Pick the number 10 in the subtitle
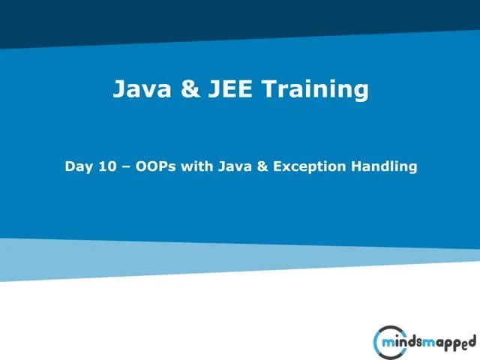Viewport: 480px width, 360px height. tap(107, 166)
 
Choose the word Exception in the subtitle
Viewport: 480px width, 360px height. tap(308, 166)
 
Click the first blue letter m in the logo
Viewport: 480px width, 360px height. tap(385, 343)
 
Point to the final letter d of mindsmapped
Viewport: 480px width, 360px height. tap(472, 341)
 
